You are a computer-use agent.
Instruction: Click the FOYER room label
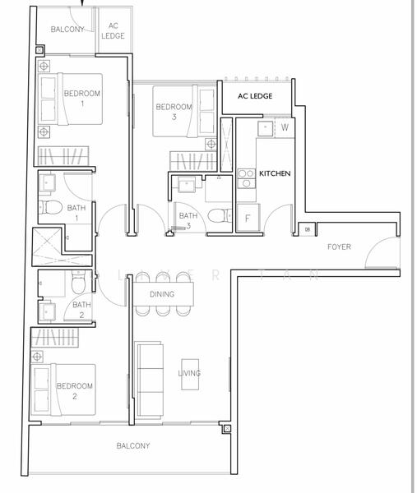tap(339, 246)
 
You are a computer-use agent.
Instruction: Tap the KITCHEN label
tap(275, 174)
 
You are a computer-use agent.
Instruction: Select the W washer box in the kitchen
tap(284, 127)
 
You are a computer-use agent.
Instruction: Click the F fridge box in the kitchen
tap(248, 219)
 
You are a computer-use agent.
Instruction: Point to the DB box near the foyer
tap(307, 230)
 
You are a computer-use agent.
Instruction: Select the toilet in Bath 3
tap(215, 216)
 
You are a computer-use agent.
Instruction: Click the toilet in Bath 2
tap(76, 284)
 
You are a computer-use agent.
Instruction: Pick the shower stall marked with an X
tap(49, 246)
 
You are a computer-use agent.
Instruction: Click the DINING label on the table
tap(161, 293)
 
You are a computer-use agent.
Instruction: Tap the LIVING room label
tap(189, 373)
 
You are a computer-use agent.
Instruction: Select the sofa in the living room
tap(149, 380)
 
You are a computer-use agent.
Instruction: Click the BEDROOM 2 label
tap(74, 390)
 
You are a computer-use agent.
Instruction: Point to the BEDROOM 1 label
tap(81, 98)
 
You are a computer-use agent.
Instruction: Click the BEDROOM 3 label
tap(174, 112)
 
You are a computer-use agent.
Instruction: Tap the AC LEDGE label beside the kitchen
tap(254, 96)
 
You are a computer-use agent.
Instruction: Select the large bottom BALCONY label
tap(132, 445)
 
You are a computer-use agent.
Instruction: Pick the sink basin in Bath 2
tap(45, 311)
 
